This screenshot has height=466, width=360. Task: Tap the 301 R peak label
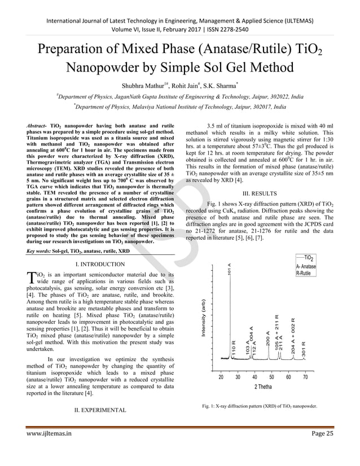[x=303, y=350]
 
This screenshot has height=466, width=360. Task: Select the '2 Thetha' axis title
[x=263, y=386]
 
